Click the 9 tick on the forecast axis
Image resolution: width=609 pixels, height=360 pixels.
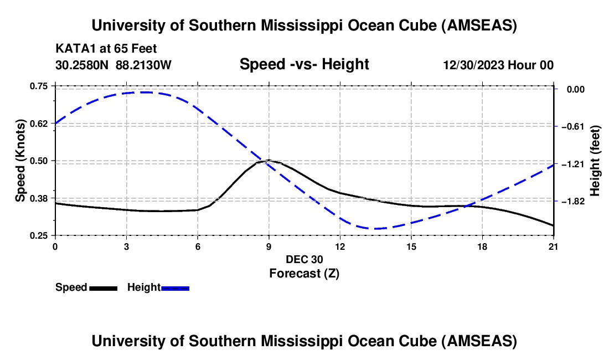[x=269, y=246]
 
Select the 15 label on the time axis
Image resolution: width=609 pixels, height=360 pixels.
[x=411, y=246]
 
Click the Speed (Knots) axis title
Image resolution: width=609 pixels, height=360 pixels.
[x=20, y=161]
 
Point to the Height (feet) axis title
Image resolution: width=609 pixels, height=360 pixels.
[x=596, y=161]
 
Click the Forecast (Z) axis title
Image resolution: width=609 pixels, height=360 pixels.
[x=304, y=273]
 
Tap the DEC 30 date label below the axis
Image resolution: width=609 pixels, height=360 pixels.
[x=304, y=259]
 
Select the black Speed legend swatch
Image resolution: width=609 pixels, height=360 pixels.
[x=103, y=288]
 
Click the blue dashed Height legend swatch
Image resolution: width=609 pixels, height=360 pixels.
[x=176, y=288]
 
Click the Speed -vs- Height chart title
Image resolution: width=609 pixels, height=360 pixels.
[x=304, y=64]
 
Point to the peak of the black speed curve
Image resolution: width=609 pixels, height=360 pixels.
[x=269, y=160]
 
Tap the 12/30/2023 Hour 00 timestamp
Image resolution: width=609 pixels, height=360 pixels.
[x=498, y=65]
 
